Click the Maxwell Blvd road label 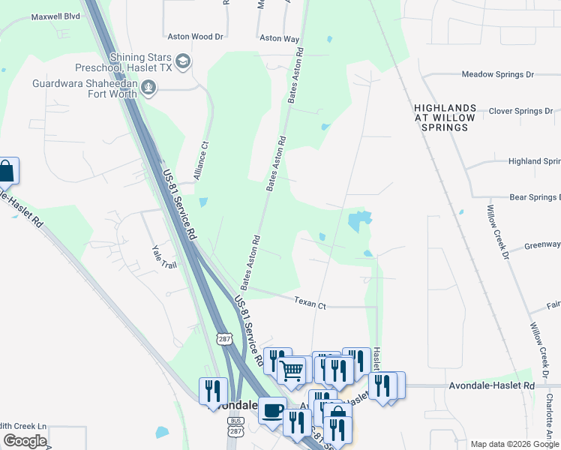coord(54,15)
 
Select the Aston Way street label coord(279,37)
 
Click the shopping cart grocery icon coord(291,368)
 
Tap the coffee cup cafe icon coord(271,409)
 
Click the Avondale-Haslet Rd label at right coord(491,385)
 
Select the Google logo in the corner coord(25,441)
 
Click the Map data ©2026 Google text coord(514,444)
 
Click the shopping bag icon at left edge coord(6,171)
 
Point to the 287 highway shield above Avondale coord(225,339)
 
